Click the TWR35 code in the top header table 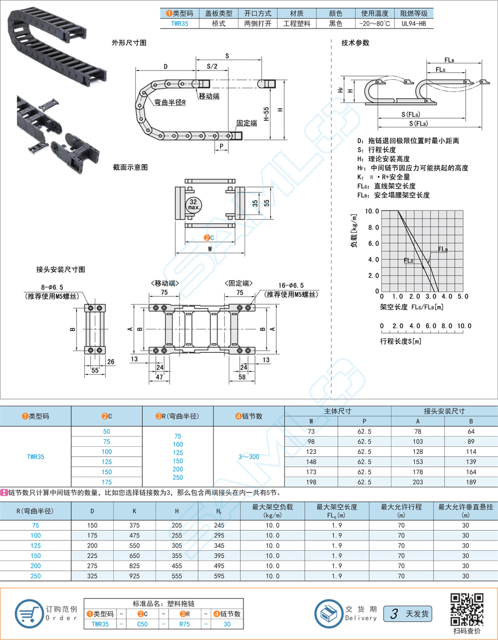(179, 24)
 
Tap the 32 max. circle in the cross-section (194, 203)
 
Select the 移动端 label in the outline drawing (209, 96)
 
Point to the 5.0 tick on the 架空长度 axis (463, 296)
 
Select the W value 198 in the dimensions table (311, 482)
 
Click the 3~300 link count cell (249, 457)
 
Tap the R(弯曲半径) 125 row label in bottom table (36, 545)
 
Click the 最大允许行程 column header (401, 507)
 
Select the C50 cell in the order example (142, 624)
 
